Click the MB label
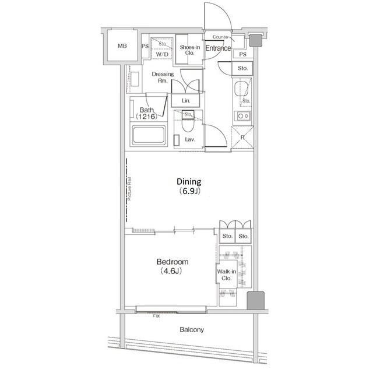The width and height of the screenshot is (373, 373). click(x=122, y=46)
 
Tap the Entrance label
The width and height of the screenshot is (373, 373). click(x=219, y=48)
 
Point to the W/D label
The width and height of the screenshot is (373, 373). click(x=161, y=54)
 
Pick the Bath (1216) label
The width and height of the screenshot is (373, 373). click(x=146, y=113)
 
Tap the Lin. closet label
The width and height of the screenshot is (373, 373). click(x=186, y=101)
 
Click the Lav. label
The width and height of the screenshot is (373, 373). click(x=190, y=140)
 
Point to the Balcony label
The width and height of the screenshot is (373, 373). click(x=192, y=330)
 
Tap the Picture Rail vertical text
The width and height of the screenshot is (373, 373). click(x=129, y=195)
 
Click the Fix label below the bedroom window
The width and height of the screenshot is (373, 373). click(x=156, y=316)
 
